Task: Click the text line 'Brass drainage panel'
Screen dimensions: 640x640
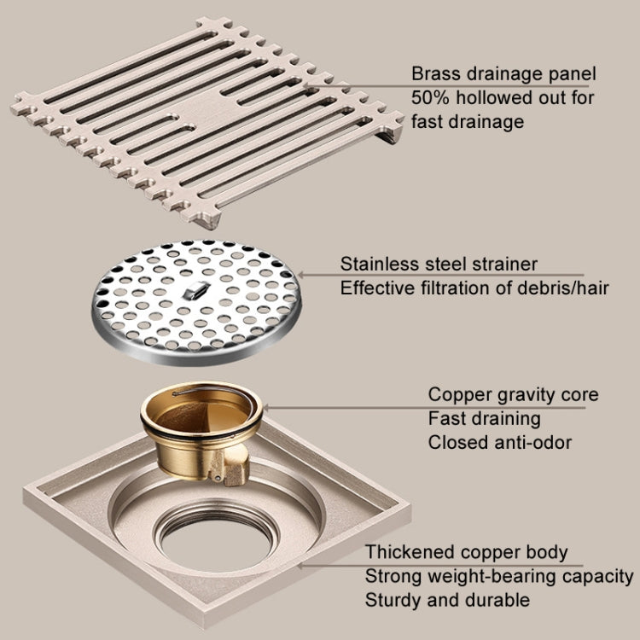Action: coord(503,73)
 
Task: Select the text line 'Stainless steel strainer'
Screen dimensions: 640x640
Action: coord(439,265)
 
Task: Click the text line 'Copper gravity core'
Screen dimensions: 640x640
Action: coord(513,395)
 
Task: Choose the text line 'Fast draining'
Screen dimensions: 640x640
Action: coord(484,419)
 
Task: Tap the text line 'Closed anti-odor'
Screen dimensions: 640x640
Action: coord(499,443)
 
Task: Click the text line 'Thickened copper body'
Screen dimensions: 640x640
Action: coord(466,552)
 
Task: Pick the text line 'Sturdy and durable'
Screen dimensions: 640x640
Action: coord(446,600)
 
